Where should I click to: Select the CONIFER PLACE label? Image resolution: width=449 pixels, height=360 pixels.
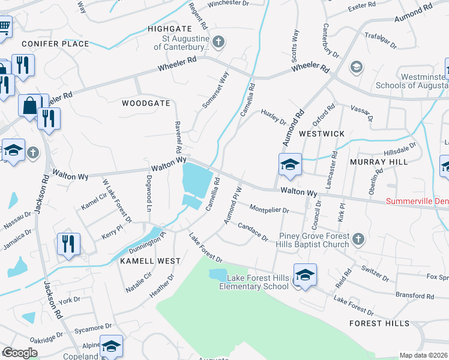point(55,44)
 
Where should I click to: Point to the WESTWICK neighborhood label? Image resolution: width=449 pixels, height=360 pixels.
point(322,134)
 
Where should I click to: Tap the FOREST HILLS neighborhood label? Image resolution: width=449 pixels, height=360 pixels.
point(379,323)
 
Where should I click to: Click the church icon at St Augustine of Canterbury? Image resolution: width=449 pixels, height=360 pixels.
point(218,42)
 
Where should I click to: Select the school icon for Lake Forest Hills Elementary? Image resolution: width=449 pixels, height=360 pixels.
point(305,275)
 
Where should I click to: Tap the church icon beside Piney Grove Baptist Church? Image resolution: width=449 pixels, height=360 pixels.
point(358,239)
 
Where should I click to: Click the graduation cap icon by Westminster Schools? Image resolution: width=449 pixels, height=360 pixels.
point(357,67)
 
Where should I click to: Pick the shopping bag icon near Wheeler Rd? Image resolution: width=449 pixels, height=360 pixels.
point(29,106)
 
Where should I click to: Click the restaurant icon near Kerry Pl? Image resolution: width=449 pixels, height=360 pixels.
point(67,244)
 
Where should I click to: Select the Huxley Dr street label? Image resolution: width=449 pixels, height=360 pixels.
point(274,118)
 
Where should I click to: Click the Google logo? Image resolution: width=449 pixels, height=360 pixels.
point(20,353)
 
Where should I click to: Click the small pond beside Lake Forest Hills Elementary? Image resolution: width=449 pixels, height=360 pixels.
point(216,274)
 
